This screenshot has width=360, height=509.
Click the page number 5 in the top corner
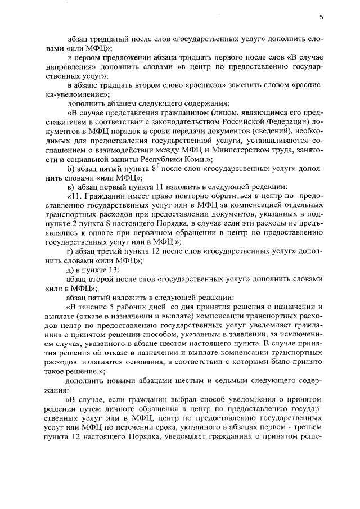(x=321, y=17)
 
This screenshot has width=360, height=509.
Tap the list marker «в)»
(x=71, y=187)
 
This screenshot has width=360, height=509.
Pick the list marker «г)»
(x=70, y=250)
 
